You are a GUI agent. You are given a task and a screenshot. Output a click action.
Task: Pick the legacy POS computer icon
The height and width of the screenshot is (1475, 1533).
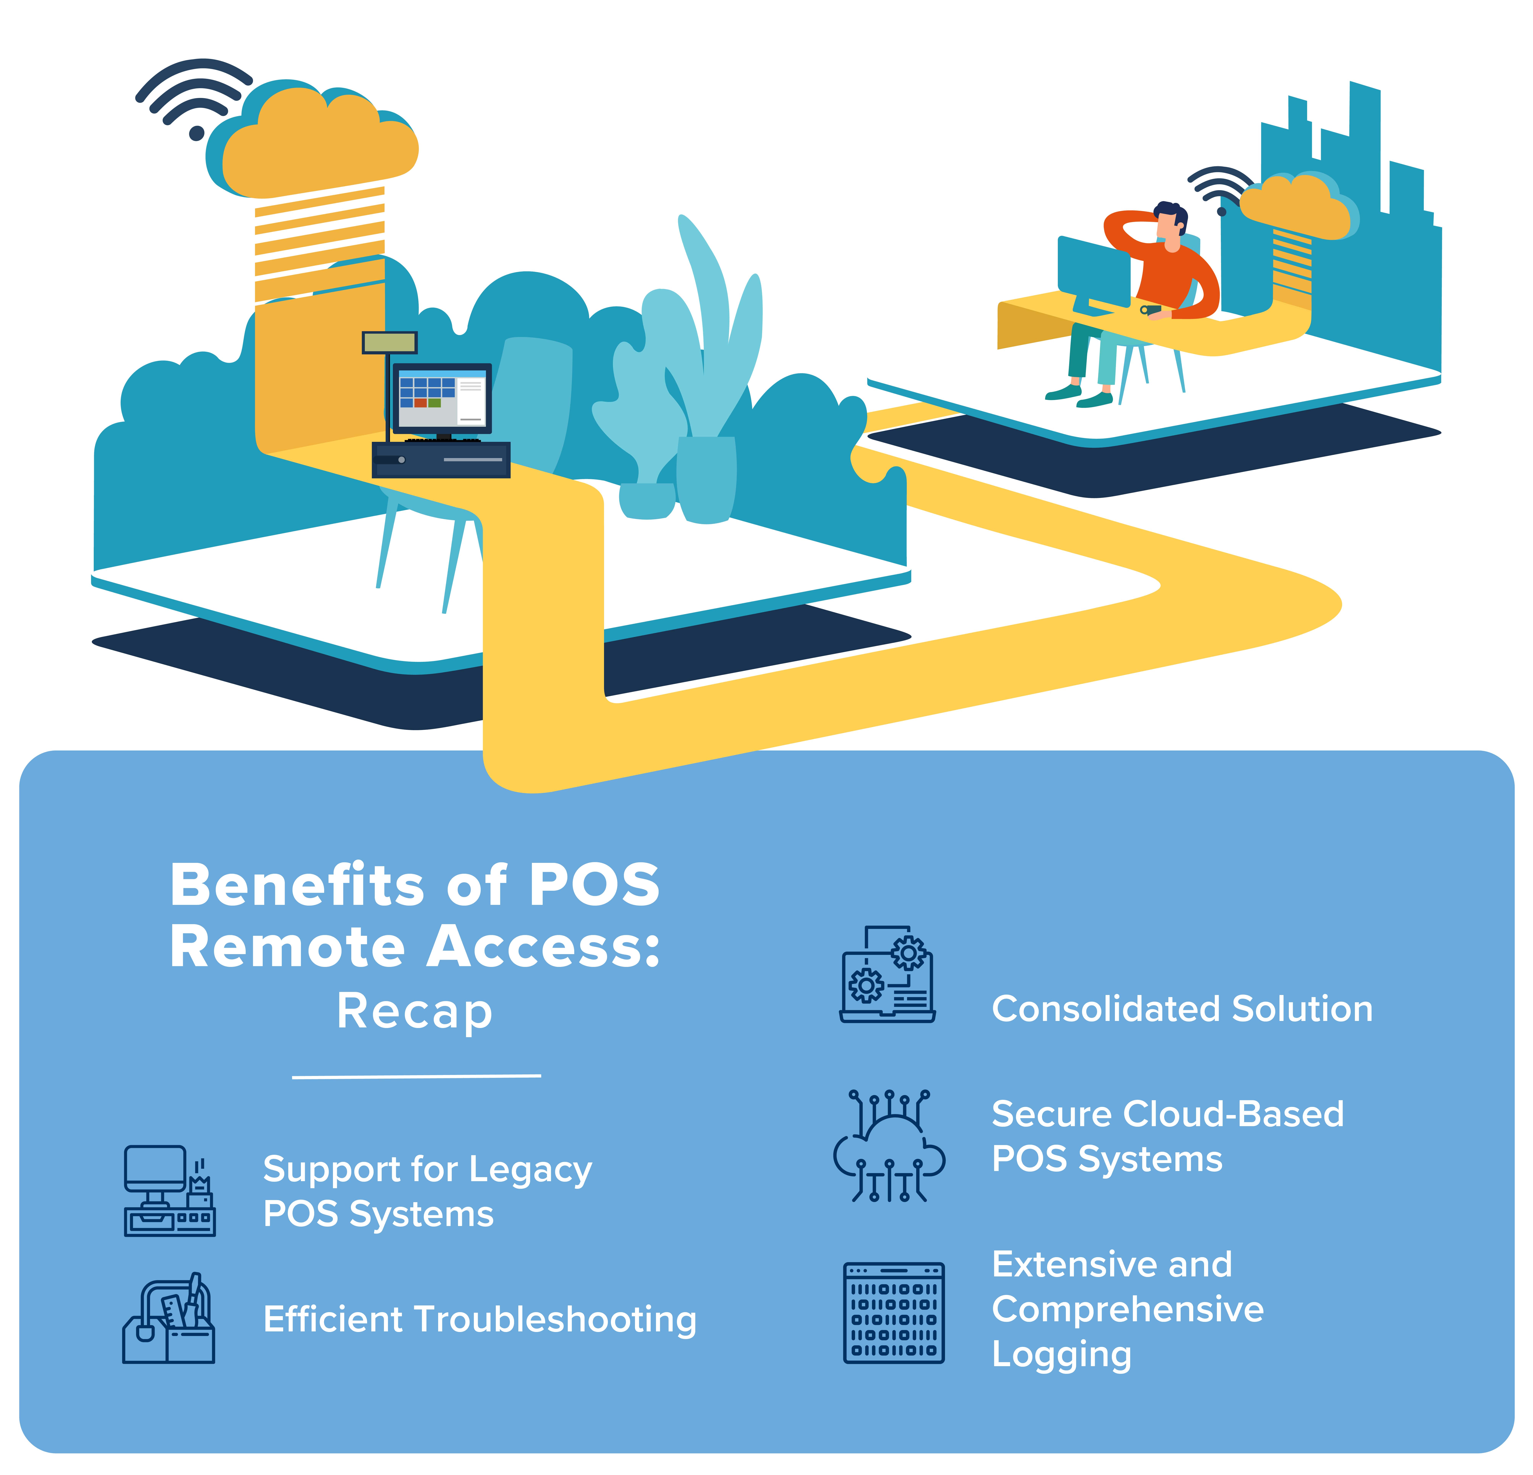(x=169, y=1191)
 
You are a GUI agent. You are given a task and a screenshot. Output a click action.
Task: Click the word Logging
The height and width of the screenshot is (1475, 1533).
(x=1061, y=1355)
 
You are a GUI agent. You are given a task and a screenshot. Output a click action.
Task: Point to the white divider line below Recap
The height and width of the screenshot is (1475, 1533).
(x=416, y=1077)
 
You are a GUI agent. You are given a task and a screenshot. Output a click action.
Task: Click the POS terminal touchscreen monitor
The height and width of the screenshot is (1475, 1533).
(x=442, y=398)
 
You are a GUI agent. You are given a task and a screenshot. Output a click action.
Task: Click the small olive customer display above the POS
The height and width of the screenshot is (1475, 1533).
(x=389, y=343)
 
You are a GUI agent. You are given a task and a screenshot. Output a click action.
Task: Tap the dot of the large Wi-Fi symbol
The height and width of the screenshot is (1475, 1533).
(x=197, y=133)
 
